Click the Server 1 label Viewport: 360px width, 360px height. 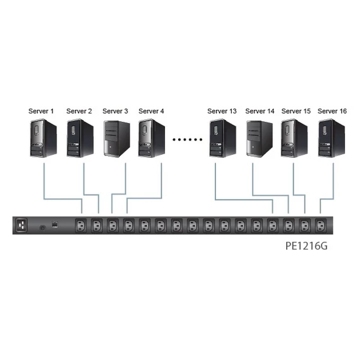tap(42, 111)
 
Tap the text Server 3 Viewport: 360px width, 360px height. tap(115, 111)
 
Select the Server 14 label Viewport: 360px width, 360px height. tap(260, 111)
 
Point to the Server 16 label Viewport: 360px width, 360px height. tap(332, 111)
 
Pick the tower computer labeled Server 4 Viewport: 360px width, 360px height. tap(152, 138)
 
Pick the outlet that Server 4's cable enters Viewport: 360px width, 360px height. tap(129, 225)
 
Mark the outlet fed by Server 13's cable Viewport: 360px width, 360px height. tap(273, 225)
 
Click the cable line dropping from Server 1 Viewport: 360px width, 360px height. tap(42, 180)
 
